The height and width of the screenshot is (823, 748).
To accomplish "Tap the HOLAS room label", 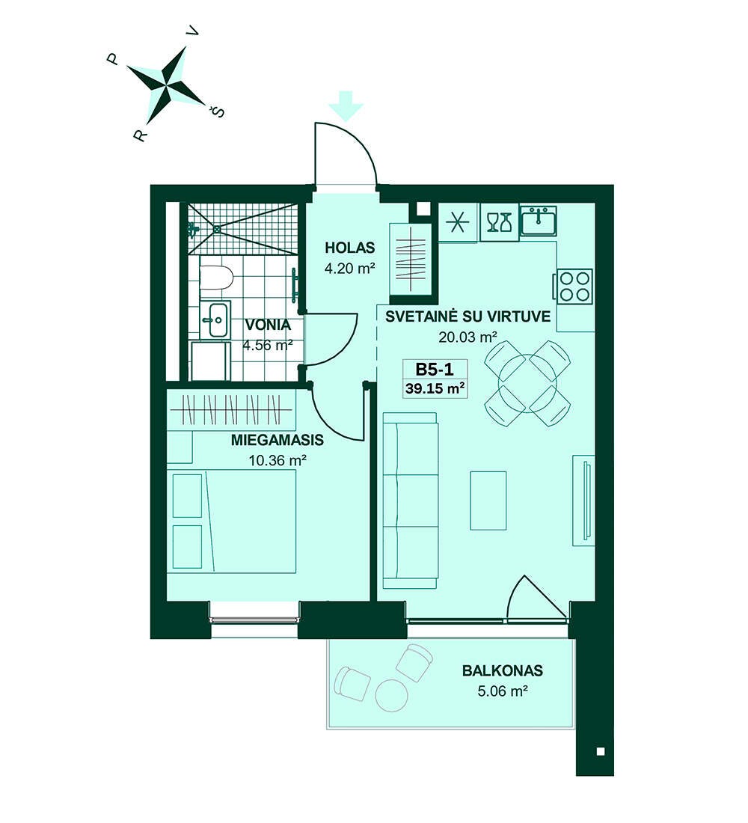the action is pyautogui.click(x=349, y=247).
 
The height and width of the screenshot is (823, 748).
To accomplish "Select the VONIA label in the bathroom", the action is pyautogui.click(x=268, y=325).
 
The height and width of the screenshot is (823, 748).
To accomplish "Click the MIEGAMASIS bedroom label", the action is pyautogui.click(x=278, y=440).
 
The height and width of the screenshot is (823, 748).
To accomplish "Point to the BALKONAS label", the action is pyautogui.click(x=503, y=670).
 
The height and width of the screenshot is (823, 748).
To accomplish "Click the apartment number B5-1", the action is pyautogui.click(x=434, y=370).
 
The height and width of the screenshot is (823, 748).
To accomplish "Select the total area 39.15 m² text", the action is pyautogui.click(x=435, y=389).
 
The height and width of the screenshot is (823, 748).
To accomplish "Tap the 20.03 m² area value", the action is pyautogui.click(x=467, y=337).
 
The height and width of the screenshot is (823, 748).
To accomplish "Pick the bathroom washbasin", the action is pyautogui.click(x=215, y=319).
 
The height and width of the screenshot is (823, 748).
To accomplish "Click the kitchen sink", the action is pyautogui.click(x=539, y=221).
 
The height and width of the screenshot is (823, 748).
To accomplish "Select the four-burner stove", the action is pyautogui.click(x=574, y=286).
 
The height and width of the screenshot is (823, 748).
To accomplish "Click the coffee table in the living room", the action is pyautogui.click(x=488, y=501).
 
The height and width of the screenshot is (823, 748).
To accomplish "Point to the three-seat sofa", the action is pyautogui.click(x=411, y=501).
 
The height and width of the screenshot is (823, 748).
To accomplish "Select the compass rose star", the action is pyautogui.click(x=166, y=85).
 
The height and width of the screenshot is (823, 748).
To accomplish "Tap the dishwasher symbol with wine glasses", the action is pyautogui.click(x=499, y=222).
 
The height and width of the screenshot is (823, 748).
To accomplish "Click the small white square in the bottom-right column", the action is pyautogui.click(x=601, y=751).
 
